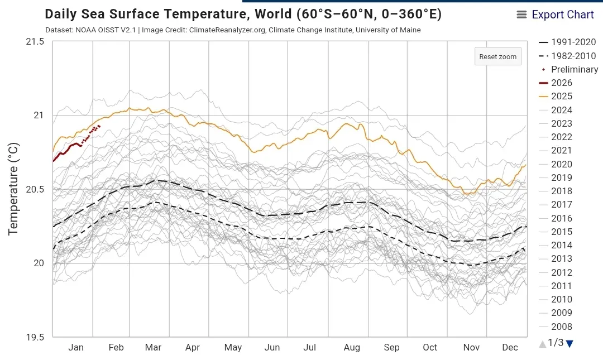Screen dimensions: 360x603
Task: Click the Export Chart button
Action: (x=562, y=15)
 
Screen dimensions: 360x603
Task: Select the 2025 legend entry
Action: (x=561, y=97)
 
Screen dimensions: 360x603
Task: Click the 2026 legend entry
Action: (x=561, y=83)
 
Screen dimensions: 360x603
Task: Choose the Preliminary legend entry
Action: (x=574, y=70)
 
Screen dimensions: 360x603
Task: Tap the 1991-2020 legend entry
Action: (x=573, y=42)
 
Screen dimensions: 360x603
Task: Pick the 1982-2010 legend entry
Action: (x=573, y=56)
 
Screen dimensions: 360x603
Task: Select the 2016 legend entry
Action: (x=561, y=218)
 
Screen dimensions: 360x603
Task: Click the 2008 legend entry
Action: (x=561, y=327)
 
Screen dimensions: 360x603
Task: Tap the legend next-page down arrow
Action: (x=569, y=343)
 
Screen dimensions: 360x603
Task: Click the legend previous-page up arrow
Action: (x=542, y=344)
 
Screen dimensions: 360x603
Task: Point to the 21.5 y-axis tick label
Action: (x=35, y=42)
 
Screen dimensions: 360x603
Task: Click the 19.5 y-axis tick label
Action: (x=35, y=337)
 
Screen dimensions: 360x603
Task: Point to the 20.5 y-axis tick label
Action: (x=35, y=189)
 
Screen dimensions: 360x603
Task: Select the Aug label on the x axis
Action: (x=352, y=347)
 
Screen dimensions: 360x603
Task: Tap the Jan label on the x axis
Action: (x=76, y=347)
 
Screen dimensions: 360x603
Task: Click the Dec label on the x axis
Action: (x=510, y=347)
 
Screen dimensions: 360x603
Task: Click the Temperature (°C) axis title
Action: (x=14, y=189)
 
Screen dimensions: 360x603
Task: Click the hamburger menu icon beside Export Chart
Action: (x=522, y=15)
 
